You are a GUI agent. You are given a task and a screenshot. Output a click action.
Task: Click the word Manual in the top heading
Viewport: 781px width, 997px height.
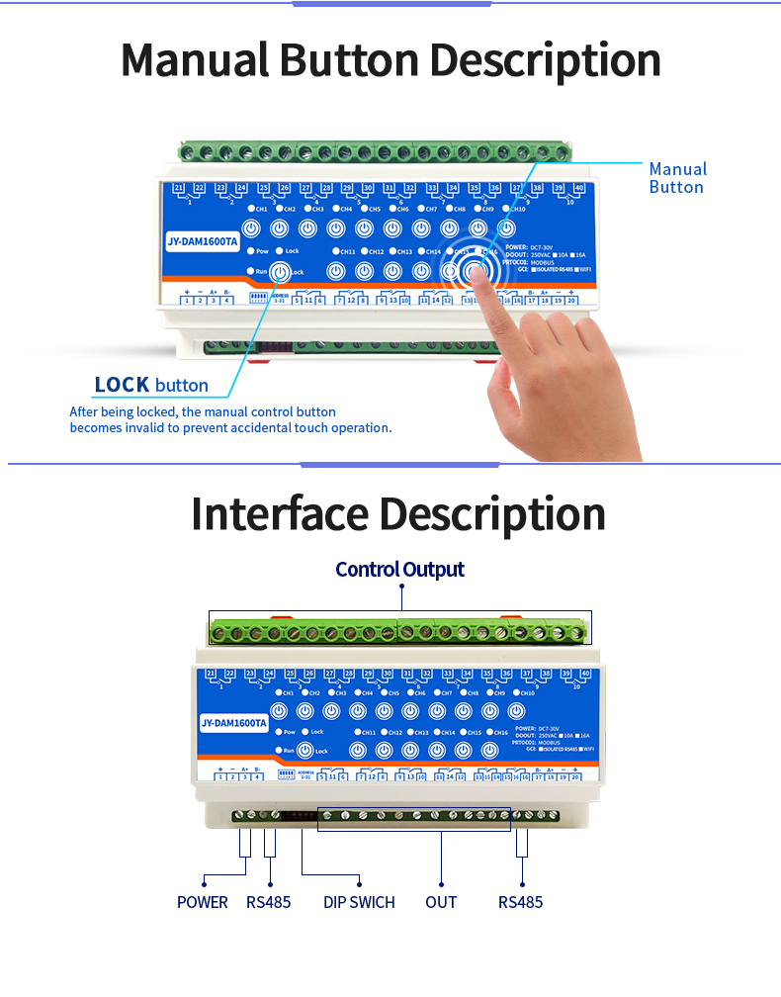[x=195, y=60]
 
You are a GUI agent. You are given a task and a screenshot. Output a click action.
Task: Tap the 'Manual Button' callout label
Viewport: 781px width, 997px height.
[x=677, y=178]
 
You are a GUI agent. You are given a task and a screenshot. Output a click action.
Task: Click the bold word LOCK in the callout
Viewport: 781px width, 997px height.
[x=122, y=385]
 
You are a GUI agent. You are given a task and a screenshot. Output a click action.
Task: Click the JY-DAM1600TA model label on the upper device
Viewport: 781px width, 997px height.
[x=203, y=241]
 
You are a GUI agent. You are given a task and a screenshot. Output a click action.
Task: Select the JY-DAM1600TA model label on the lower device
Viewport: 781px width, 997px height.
[x=233, y=723]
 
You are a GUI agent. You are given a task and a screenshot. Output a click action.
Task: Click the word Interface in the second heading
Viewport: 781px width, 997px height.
[x=281, y=515]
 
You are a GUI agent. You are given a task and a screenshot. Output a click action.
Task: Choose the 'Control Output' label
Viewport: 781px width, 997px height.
[x=399, y=569]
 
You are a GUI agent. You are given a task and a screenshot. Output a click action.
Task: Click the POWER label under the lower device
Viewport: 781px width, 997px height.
[x=202, y=902]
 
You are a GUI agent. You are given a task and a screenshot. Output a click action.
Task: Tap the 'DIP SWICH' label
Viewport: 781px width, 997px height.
[x=359, y=902]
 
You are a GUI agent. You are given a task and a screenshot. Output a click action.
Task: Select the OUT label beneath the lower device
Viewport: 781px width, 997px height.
[x=441, y=902]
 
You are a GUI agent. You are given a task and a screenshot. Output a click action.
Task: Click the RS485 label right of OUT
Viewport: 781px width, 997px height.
[x=520, y=902]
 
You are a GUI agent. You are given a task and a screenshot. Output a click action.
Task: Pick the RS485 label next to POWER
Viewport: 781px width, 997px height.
[x=268, y=902]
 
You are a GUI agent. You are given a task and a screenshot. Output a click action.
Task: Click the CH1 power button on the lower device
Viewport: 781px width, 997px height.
[x=279, y=711]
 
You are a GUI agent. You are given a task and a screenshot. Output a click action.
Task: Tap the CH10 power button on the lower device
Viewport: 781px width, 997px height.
[x=515, y=711]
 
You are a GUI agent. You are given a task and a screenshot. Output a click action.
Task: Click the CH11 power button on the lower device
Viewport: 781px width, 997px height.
[x=358, y=750]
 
